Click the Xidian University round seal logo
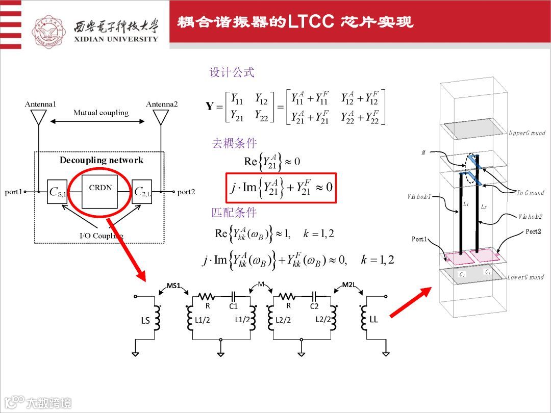pos(49,32)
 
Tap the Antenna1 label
pos(40,104)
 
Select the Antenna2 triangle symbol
pos(162,117)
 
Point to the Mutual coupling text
pos(101,113)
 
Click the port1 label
pos(14,192)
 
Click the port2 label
pos(186,192)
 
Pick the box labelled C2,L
pos(142,192)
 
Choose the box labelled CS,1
pos(57,192)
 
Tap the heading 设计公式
pos(232,72)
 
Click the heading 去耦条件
pos(234,143)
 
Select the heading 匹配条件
pos(234,212)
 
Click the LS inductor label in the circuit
pos(145,320)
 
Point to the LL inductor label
pos(374,320)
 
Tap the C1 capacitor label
pos(234,306)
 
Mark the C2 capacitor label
pos(314,306)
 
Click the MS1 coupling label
pos(174,286)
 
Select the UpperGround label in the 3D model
pos(527,133)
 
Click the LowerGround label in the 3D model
pos(525,277)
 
